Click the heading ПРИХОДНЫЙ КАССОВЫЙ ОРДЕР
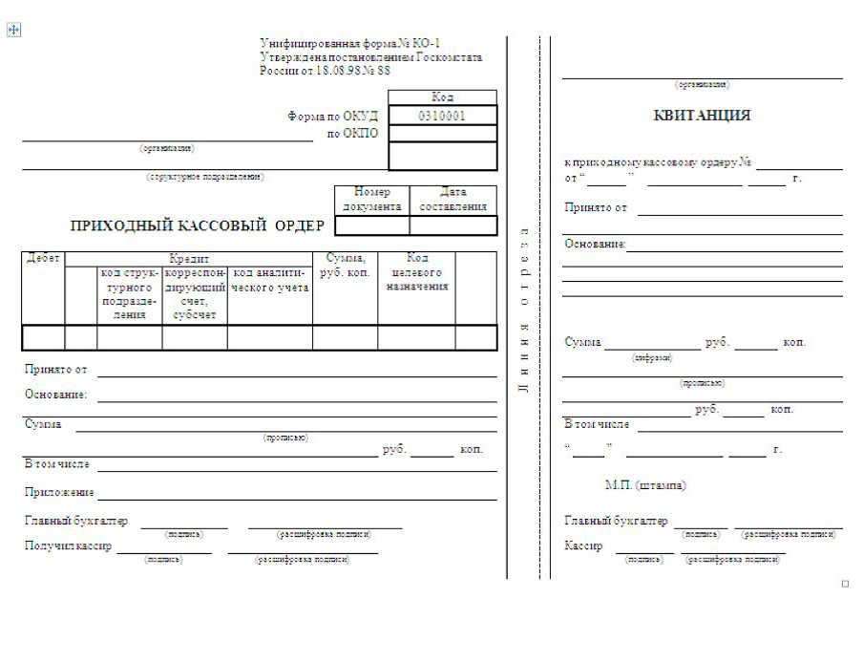click(x=198, y=226)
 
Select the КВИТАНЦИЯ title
click(x=702, y=116)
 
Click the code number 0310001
click(x=442, y=116)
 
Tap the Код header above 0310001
click(x=442, y=97)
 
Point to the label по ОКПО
click(x=352, y=134)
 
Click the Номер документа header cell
click(x=372, y=199)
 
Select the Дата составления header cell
click(x=453, y=199)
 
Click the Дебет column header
click(x=43, y=259)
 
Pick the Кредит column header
click(x=189, y=259)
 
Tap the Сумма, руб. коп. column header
click(x=345, y=266)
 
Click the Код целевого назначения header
click(x=417, y=272)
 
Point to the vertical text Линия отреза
click(x=523, y=310)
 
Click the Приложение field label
click(x=59, y=493)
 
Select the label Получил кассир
click(x=68, y=546)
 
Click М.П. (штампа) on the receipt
click(x=645, y=485)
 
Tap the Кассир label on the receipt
click(x=583, y=546)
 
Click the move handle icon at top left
click(x=14, y=30)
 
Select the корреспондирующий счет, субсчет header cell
click(x=195, y=293)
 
